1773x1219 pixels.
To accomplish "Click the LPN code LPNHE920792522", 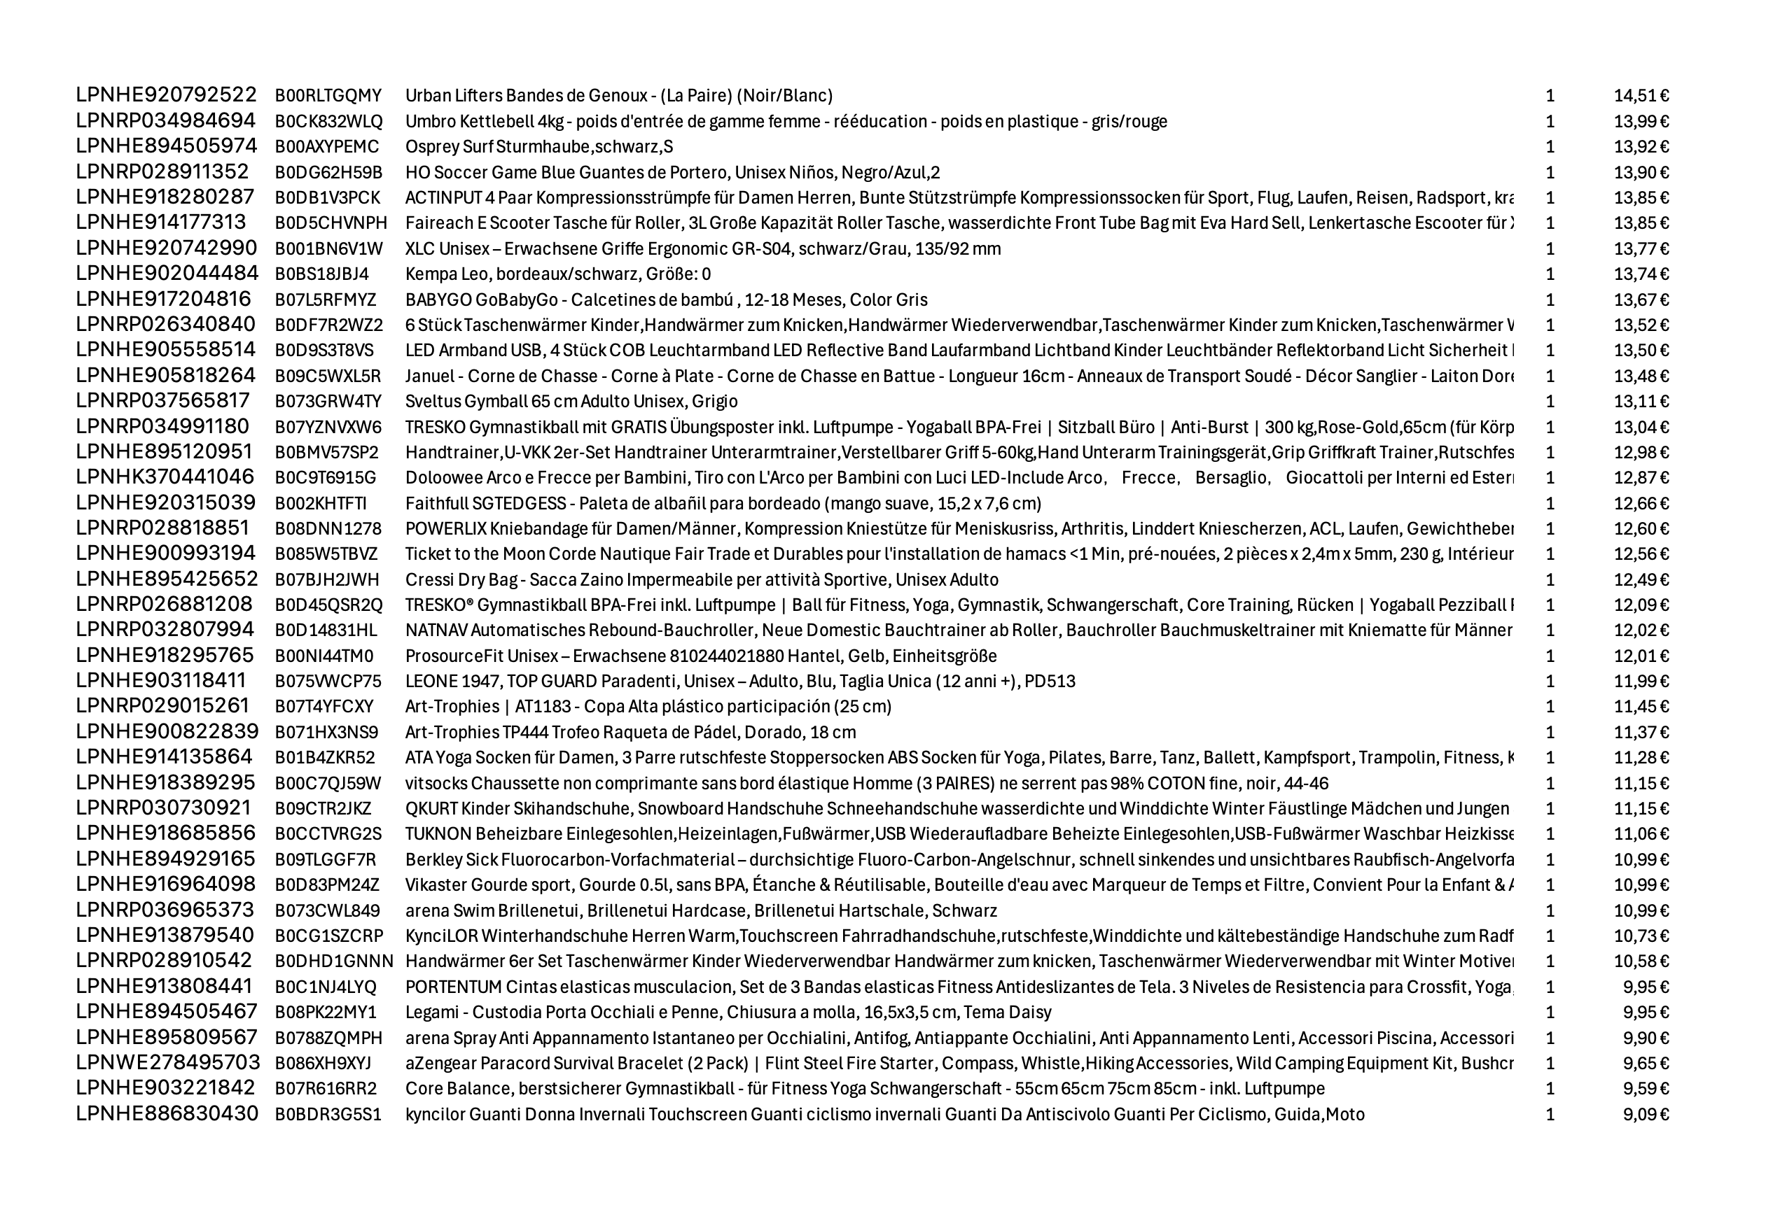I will (x=166, y=95).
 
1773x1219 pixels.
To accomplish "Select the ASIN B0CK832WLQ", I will (x=328, y=122).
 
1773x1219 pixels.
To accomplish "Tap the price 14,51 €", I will (x=1641, y=95).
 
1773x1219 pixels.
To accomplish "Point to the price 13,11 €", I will (x=1641, y=402).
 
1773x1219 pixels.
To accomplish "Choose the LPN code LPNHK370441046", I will (x=165, y=477).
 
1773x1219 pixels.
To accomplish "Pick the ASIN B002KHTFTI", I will (x=321, y=503).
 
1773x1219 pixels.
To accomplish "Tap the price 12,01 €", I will (x=1641, y=656).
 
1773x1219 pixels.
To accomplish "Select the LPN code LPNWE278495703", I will (x=167, y=1063).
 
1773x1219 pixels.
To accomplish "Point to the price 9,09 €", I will (x=1646, y=1114).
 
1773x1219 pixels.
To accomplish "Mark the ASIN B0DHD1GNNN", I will (x=334, y=961).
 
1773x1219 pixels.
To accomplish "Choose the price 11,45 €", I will (x=1641, y=707).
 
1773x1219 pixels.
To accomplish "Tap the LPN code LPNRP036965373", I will (x=165, y=910).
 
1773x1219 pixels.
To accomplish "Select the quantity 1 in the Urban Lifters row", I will (x=1550, y=95).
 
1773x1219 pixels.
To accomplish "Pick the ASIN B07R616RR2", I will (x=326, y=1089).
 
